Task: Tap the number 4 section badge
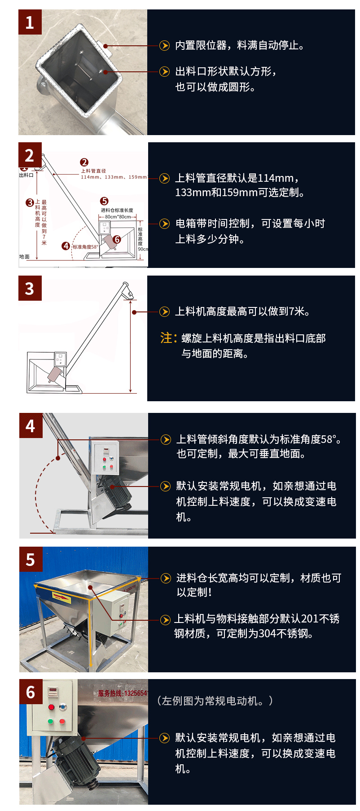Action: tap(31, 425)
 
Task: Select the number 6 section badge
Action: tap(31, 692)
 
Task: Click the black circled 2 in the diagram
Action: tap(84, 162)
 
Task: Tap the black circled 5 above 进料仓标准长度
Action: tap(104, 201)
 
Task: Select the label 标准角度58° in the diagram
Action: tap(85, 247)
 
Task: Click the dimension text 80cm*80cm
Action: tap(118, 217)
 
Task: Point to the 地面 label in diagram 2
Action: tap(24, 257)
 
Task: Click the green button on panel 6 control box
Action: tap(51, 721)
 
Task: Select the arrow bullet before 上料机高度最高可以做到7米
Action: tap(165, 311)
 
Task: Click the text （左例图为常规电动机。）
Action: tap(215, 701)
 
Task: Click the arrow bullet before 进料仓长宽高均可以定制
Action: tap(166, 578)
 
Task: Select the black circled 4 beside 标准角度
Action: tap(66, 246)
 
